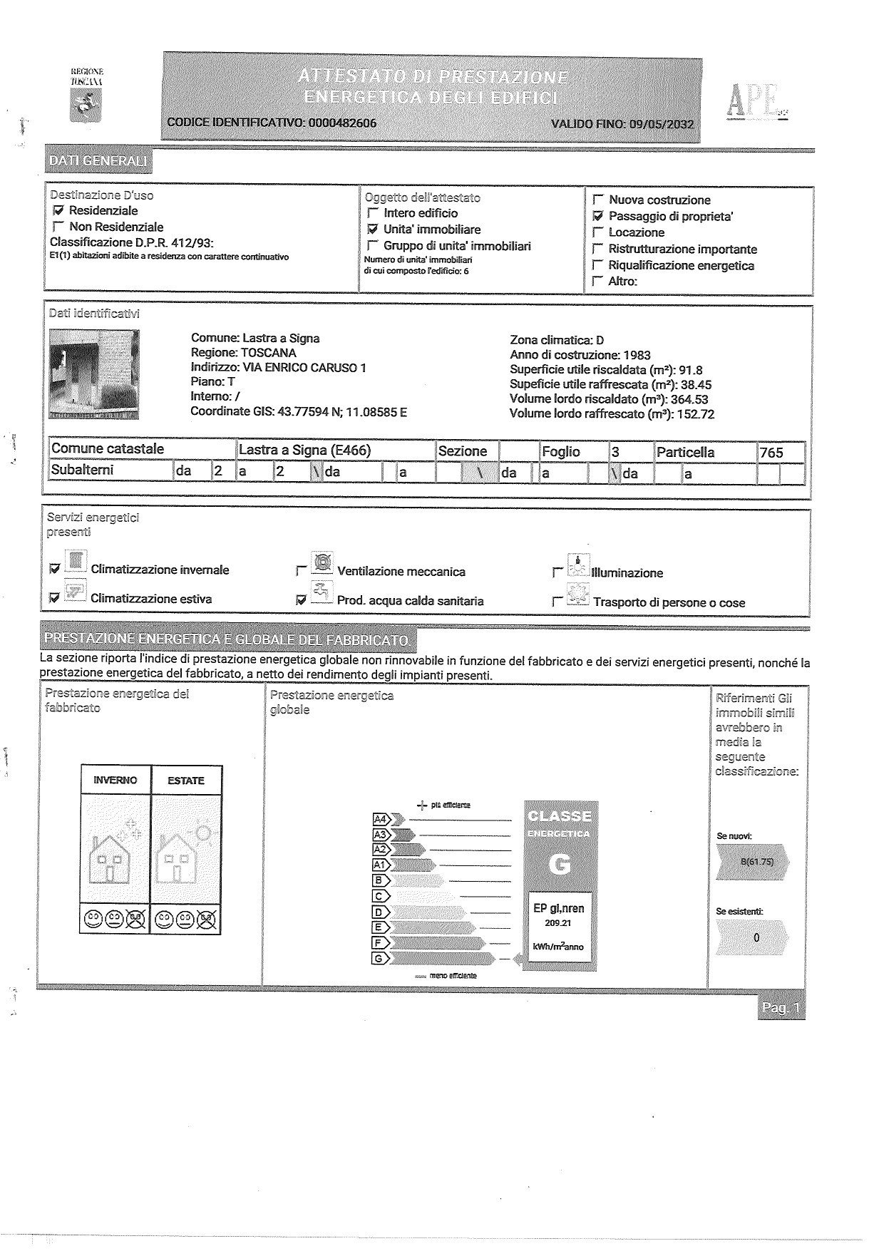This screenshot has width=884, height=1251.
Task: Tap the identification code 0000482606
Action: (x=341, y=123)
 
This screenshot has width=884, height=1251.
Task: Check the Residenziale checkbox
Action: (x=58, y=211)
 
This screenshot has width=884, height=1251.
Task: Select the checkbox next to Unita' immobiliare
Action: (x=372, y=230)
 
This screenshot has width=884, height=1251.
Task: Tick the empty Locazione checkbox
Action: (x=598, y=232)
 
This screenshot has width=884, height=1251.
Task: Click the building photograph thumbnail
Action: (x=94, y=374)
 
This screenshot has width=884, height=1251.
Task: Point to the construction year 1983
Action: (x=637, y=355)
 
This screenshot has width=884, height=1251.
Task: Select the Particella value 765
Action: (x=771, y=453)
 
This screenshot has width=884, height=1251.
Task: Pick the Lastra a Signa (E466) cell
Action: (x=305, y=450)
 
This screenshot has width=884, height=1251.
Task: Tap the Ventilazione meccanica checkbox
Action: (x=301, y=571)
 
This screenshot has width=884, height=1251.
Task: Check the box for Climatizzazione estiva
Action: (x=54, y=599)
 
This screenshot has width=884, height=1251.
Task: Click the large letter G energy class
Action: (x=560, y=865)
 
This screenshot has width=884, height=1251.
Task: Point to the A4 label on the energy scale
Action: (x=381, y=819)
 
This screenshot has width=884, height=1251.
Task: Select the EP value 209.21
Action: (x=558, y=923)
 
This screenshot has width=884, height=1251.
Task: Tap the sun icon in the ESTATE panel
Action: (x=203, y=833)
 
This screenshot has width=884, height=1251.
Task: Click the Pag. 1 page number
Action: (x=781, y=1007)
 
